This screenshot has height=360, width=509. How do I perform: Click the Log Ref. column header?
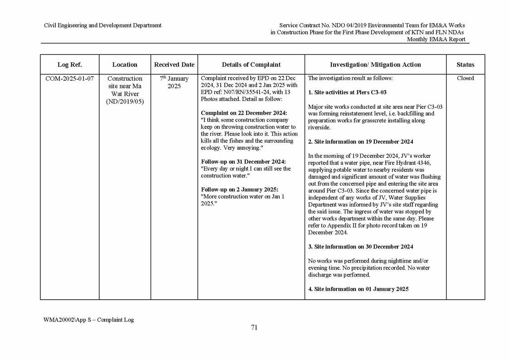click(x=69, y=65)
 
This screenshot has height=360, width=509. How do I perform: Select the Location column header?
click(x=125, y=65)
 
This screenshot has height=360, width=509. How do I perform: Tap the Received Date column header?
click(x=174, y=65)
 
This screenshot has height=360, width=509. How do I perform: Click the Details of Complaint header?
click(x=251, y=65)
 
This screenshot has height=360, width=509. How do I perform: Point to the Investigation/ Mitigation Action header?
click(x=375, y=65)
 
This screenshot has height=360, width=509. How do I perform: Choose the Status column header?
click(x=465, y=65)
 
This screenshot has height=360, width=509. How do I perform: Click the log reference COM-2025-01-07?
click(x=69, y=78)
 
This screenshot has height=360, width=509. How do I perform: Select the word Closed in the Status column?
click(x=465, y=78)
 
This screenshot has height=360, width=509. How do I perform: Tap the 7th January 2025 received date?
click(x=174, y=82)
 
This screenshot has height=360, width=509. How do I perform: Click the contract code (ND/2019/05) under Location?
click(x=125, y=101)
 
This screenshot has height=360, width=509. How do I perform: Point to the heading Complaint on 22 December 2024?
click(x=244, y=113)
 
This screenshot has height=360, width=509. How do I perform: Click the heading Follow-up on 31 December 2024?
click(x=243, y=162)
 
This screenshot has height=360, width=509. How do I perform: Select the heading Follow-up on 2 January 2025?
click(x=239, y=190)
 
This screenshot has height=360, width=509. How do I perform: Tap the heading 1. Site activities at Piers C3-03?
click(x=347, y=92)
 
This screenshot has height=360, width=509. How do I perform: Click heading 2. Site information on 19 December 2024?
click(x=360, y=142)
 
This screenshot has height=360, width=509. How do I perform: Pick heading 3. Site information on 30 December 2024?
click(x=360, y=247)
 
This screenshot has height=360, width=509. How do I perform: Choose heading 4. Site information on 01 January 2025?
click(x=358, y=289)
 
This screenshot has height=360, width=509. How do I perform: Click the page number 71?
click(x=254, y=328)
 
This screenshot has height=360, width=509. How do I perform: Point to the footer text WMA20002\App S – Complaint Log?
click(x=88, y=320)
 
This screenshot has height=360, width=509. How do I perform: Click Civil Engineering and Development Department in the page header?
click(x=102, y=25)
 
